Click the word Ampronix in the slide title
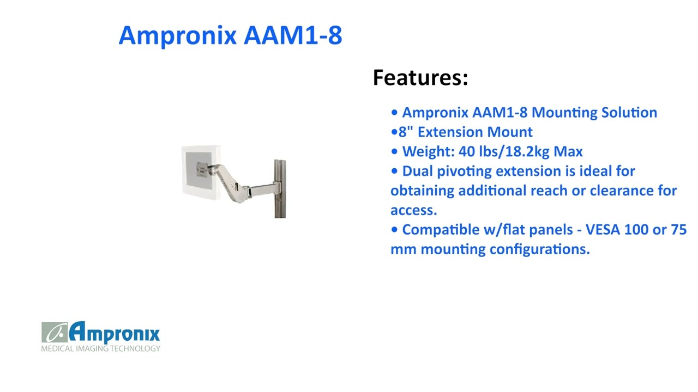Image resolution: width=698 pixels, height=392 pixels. [178, 35]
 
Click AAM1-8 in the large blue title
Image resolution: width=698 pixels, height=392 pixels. [293, 35]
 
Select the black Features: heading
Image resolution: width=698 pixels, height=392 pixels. [420, 77]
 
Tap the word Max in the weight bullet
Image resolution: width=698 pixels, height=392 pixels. [568, 151]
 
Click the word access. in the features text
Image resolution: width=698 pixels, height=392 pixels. [413, 210]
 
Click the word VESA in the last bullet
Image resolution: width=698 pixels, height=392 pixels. [603, 230]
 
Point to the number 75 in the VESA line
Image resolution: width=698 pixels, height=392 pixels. [679, 230]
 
